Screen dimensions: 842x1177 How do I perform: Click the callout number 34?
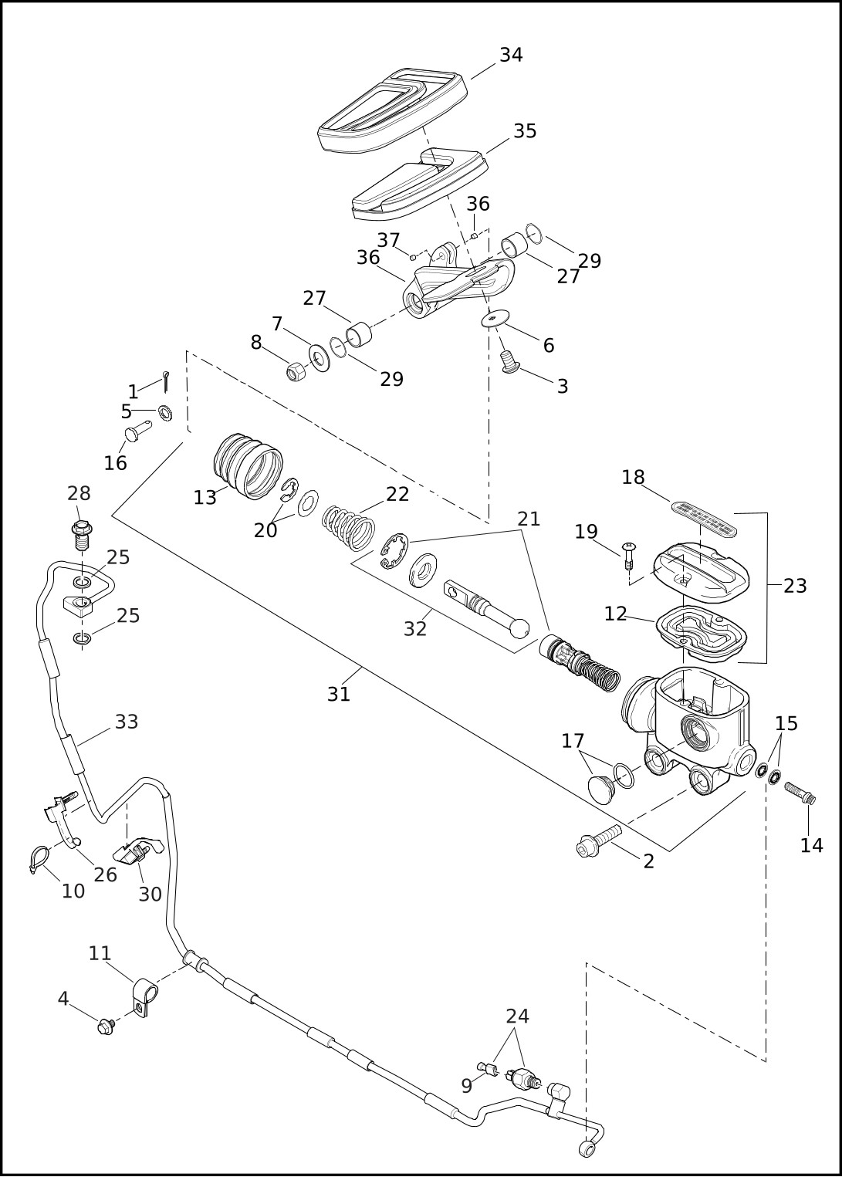tap(511, 55)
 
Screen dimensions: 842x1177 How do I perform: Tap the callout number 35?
tap(525, 131)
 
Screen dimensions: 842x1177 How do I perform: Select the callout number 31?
tap(339, 694)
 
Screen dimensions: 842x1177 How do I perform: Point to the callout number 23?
tap(795, 585)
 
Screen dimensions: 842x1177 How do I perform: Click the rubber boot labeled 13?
tap(248, 465)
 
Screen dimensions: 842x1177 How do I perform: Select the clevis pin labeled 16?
tap(138, 432)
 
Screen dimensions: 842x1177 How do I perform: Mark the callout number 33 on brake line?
tap(127, 722)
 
